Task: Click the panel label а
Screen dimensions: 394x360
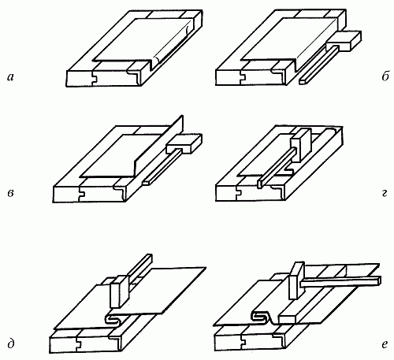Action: click(x=10, y=77)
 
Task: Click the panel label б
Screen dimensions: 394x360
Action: click(x=385, y=76)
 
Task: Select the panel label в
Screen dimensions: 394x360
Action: click(x=10, y=194)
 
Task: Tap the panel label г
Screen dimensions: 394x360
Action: click(x=385, y=194)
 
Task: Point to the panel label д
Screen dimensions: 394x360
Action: click(x=11, y=344)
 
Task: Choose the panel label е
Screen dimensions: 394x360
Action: click(x=385, y=344)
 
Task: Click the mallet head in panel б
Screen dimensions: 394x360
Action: click(x=344, y=41)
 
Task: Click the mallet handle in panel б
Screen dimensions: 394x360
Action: click(x=318, y=65)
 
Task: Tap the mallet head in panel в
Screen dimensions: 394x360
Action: click(x=184, y=143)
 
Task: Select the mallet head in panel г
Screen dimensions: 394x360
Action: click(x=300, y=145)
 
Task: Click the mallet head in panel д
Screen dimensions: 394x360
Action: click(x=120, y=291)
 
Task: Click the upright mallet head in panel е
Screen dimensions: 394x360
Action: click(x=297, y=280)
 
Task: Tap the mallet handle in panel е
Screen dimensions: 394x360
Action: click(x=341, y=281)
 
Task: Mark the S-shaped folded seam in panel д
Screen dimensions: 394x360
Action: click(x=114, y=319)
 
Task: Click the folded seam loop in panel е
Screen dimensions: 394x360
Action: click(x=260, y=316)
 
